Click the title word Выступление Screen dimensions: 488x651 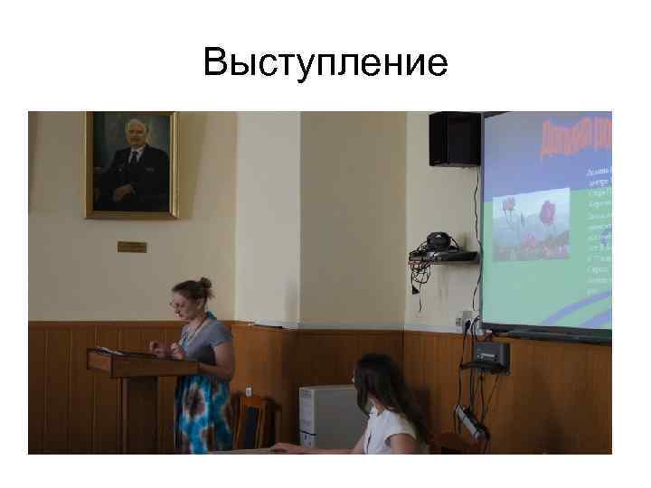[x=325, y=63]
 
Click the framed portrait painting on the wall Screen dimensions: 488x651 [x=132, y=164]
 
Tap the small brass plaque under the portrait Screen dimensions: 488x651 [x=132, y=246]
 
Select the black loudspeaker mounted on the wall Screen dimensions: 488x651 [x=454, y=138]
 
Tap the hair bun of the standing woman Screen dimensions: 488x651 [x=206, y=285]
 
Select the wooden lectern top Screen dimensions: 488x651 [x=142, y=361]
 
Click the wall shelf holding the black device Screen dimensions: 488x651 [x=443, y=258]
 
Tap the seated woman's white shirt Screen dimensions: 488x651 [x=393, y=434]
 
